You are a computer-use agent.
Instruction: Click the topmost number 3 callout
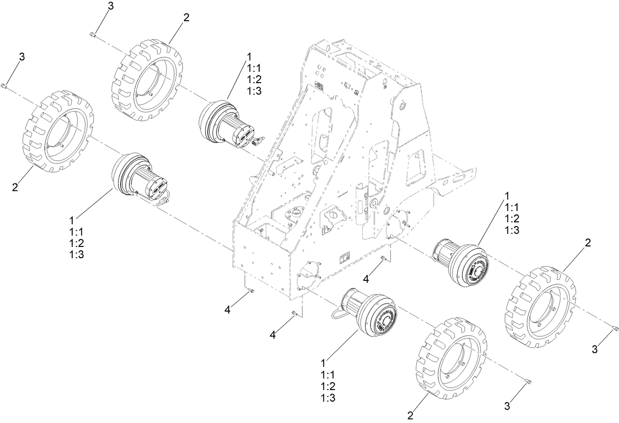[110, 5]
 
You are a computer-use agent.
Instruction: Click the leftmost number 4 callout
[227, 309]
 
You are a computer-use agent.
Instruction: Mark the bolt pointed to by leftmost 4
[251, 291]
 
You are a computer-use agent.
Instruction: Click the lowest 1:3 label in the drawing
[328, 398]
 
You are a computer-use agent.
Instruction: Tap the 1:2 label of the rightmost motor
[512, 218]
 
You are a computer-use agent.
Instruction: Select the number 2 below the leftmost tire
[15, 187]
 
